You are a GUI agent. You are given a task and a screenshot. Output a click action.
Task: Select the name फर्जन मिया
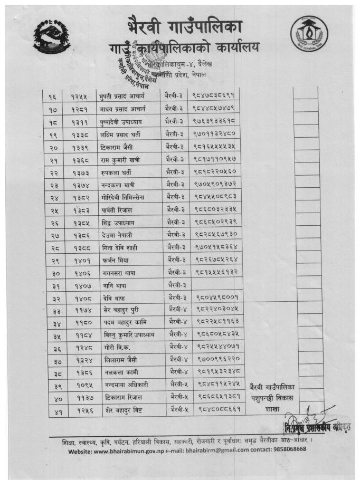[113, 260]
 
